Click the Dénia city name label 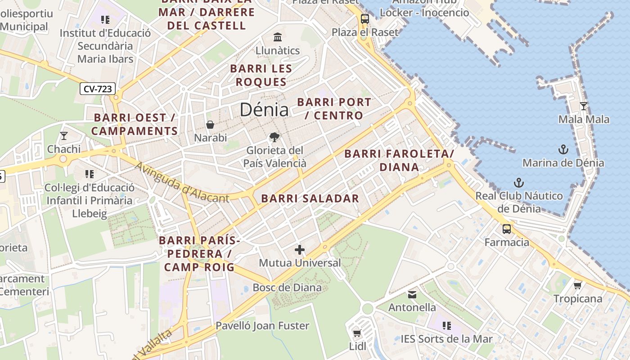coord(264,110)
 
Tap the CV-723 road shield coord(98,89)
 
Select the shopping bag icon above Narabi coord(210,125)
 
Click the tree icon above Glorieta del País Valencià coord(274,137)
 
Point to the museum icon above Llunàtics coord(278,37)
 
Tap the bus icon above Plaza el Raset coord(364,19)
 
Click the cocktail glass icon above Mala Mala coord(584,106)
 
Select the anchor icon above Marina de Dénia coord(563,149)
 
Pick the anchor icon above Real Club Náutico coord(519,183)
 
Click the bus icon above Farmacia coord(507,229)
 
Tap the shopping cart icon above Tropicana coord(578,285)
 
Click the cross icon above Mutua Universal coord(300,250)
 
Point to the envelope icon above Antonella coord(412,295)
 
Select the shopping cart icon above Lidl coord(357,333)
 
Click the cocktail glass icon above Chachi coord(64,135)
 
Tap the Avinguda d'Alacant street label coord(182,184)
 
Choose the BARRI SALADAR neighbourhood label coord(310,198)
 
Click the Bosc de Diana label coord(287,288)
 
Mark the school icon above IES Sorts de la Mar coord(446,325)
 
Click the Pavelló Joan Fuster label coord(262,325)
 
